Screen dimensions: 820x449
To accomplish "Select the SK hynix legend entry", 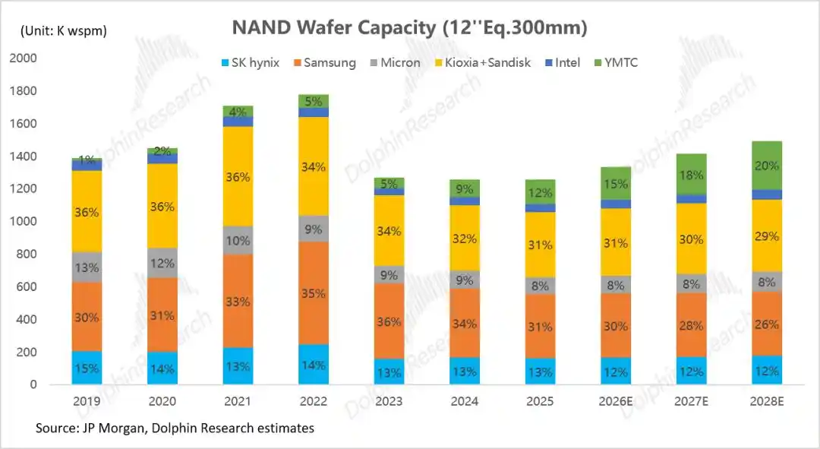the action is tap(251, 63).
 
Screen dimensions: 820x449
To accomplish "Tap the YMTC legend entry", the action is tap(616, 63).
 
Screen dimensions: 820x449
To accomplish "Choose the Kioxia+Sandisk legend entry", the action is tap(483, 63).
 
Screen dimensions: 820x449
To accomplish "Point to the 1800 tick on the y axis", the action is tap(23, 91).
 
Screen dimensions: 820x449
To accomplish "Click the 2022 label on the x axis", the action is tap(314, 401).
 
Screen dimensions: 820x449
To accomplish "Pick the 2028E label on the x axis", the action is tap(767, 401).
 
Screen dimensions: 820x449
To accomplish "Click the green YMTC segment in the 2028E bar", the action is tap(767, 166).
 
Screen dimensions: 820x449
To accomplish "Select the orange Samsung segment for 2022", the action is tap(314, 293).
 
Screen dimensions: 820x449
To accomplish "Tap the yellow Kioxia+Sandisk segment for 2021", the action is tap(238, 176).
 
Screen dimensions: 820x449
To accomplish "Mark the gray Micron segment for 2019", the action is tap(87, 267).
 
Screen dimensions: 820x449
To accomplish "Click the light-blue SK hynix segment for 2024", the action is tap(465, 371).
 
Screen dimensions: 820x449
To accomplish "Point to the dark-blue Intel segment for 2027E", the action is tap(692, 199).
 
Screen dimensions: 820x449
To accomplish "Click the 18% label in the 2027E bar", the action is tap(692, 175).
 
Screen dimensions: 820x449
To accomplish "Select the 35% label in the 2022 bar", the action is tap(314, 293).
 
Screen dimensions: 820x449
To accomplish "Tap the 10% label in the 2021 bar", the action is tap(238, 241).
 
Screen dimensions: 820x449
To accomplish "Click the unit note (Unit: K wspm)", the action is tap(64, 31).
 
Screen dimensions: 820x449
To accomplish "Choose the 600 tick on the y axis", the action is tap(26, 286).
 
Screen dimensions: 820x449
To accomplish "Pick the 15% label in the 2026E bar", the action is tap(616, 184).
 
